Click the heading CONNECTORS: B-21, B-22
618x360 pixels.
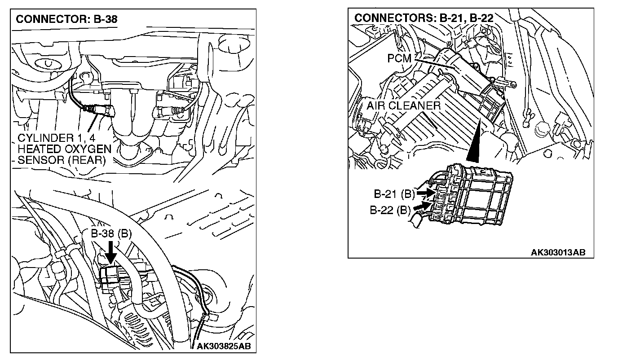point(424,18)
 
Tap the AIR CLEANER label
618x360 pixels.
point(403,106)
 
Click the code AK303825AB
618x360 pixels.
point(224,346)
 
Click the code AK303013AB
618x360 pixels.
point(558,252)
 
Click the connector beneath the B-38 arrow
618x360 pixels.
point(110,274)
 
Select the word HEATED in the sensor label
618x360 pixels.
point(39,148)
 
